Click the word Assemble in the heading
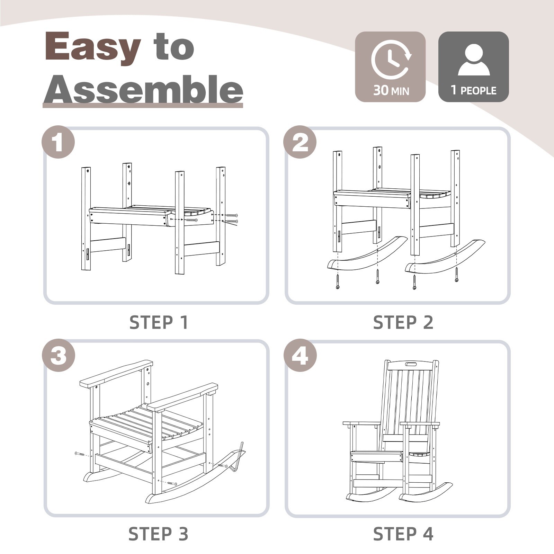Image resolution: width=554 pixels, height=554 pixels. pyautogui.click(x=143, y=89)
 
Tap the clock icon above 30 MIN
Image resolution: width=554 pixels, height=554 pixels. pyautogui.click(x=391, y=60)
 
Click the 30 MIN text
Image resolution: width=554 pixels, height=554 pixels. pyautogui.click(x=391, y=90)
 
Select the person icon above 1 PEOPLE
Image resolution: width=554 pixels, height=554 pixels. pyautogui.click(x=474, y=60)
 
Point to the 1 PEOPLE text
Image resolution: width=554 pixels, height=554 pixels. pyautogui.click(x=473, y=90)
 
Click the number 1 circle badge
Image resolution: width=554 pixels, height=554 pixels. pyautogui.click(x=58, y=142)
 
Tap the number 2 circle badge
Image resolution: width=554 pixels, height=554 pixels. pyautogui.click(x=300, y=142)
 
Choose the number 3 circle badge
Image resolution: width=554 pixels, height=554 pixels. pyautogui.click(x=59, y=355)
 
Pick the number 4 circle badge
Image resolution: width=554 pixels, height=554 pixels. pyautogui.click(x=300, y=355)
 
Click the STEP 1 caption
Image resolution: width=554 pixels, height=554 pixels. pyautogui.click(x=159, y=323)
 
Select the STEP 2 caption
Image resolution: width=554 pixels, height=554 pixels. pyautogui.click(x=403, y=323)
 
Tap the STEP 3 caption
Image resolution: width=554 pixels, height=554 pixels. pyautogui.click(x=159, y=534)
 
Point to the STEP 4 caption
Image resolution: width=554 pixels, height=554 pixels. pyautogui.click(x=403, y=534)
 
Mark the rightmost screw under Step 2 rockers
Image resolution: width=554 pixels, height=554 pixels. pyautogui.click(x=457, y=275)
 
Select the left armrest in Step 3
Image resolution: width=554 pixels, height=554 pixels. pyautogui.click(x=116, y=374)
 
